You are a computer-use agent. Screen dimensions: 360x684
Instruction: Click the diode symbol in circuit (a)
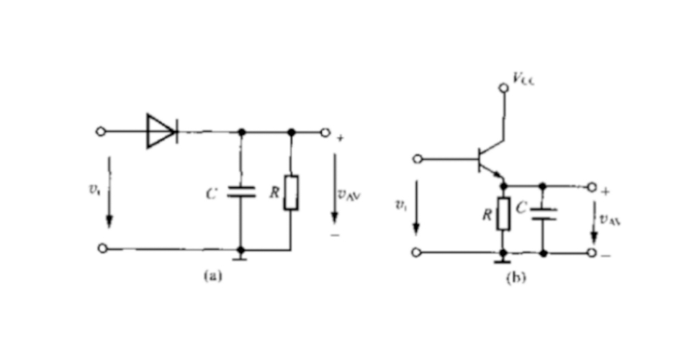[161, 131]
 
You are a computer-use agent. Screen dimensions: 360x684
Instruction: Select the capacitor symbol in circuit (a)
[241, 192]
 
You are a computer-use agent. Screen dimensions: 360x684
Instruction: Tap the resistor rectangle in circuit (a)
[291, 192]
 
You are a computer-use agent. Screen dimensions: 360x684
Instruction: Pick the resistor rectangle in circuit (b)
[503, 214]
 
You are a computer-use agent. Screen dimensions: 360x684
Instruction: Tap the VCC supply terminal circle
[505, 88]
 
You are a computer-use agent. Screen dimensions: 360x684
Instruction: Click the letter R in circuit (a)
[274, 193]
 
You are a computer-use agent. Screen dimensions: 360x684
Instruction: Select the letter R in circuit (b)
[487, 214]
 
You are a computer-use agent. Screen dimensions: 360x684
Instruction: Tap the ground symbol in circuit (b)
[503, 257]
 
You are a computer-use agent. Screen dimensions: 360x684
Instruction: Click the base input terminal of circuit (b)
[418, 158]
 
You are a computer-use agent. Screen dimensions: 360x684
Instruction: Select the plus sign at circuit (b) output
[605, 192]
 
